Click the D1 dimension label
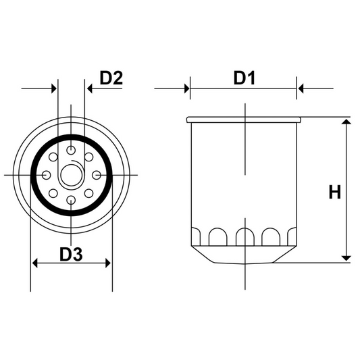[x=243, y=78]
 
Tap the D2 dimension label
[x=111, y=78]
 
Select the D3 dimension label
[x=71, y=255]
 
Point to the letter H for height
[x=334, y=192]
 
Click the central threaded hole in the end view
[x=71, y=175]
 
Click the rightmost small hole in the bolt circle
[x=96, y=175]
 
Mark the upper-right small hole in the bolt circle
[x=88, y=157]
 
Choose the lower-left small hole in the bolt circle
[x=53, y=193]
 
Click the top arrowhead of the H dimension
[x=346, y=122]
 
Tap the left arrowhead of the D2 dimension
[x=53, y=88]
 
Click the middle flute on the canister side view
[x=243, y=236]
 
